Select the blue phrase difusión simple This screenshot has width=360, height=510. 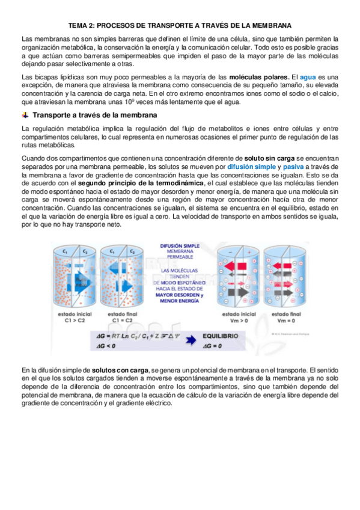[x=252, y=166]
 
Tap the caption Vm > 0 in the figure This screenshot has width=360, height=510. [x=239, y=321]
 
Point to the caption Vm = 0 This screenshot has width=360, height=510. [x=286, y=321]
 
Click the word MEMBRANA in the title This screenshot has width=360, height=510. [x=268, y=26]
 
